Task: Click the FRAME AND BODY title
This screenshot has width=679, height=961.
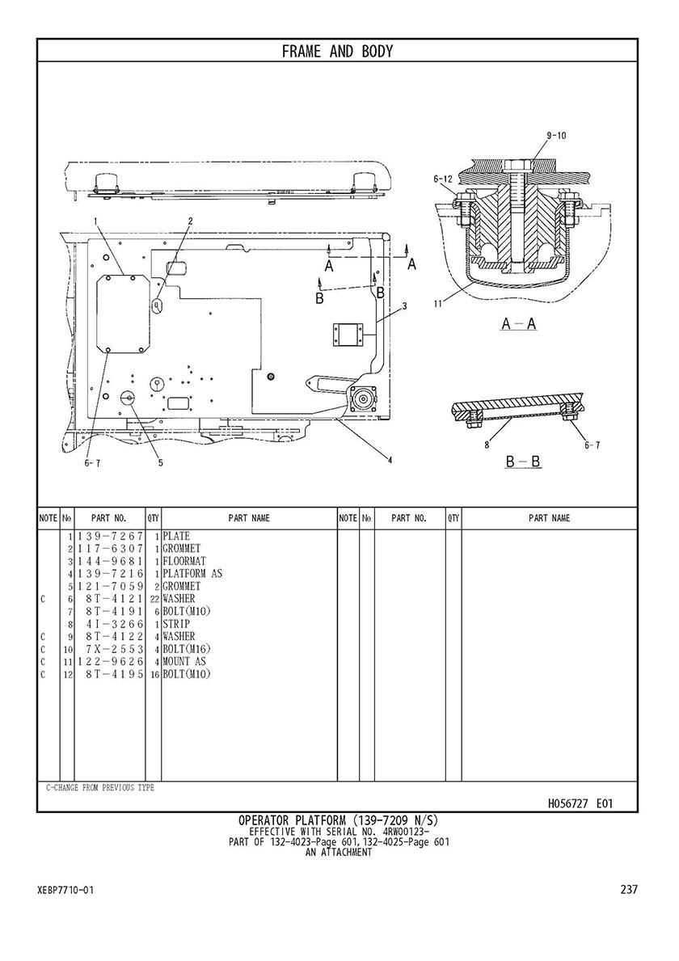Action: click(337, 52)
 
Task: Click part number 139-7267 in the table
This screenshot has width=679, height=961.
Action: click(110, 536)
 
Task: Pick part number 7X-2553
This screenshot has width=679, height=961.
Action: click(110, 649)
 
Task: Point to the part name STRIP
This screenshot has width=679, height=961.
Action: click(176, 624)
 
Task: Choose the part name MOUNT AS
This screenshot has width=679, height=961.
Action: click(184, 661)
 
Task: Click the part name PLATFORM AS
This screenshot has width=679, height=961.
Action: click(192, 574)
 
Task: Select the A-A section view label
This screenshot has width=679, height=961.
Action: click(517, 324)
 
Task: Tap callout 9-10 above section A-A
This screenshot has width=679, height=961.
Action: click(556, 136)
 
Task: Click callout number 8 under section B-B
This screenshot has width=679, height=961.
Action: click(486, 444)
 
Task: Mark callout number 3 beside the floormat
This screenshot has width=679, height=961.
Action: click(404, 306)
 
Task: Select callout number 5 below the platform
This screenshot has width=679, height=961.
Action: click(160, 463)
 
